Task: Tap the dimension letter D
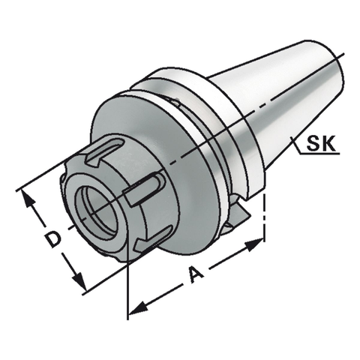tap(51, 239)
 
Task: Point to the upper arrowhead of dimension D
tap(28, 197)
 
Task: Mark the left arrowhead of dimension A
tap(135, 308)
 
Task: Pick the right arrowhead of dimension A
tap(259, 243)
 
